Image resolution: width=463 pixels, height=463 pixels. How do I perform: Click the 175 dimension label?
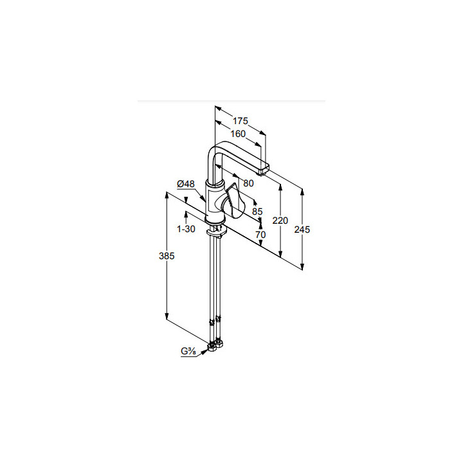241,121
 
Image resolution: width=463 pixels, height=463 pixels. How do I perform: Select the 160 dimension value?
238,134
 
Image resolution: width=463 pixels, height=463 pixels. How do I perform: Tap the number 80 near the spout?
248,183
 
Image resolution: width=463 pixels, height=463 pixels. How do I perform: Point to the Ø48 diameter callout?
186,184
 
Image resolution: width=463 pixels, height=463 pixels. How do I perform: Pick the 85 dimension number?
257,212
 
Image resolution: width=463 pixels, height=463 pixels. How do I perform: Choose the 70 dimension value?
260,235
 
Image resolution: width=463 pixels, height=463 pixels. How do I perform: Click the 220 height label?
280,221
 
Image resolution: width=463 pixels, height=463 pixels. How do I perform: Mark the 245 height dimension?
302,230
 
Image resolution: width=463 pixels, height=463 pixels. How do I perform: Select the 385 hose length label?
167,256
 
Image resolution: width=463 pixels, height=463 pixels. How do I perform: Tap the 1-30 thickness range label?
186,229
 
